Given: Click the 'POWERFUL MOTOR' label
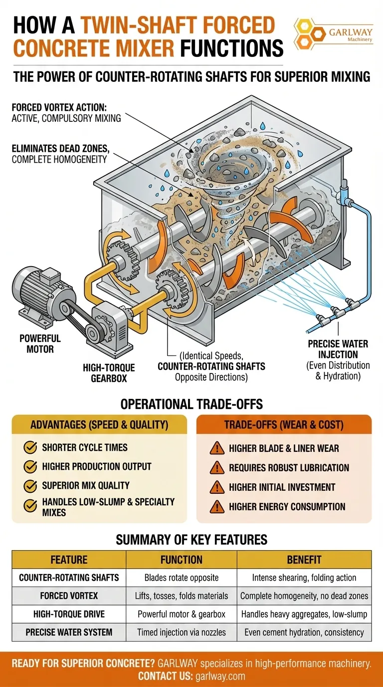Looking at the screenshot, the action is [40, 343].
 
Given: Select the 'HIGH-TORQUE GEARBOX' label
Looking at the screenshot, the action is [109, 372].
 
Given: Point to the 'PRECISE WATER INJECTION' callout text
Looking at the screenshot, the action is [338, 349].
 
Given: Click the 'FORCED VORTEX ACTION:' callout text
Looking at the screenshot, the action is [59, 107].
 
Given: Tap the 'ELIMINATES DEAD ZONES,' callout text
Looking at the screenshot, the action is [61, 149].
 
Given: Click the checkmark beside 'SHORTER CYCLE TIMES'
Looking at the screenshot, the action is [30, 447].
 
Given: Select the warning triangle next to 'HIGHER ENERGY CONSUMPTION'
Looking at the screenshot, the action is [217, 507].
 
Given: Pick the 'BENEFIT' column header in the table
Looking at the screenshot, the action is [304, 560].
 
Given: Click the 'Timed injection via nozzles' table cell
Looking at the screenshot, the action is [182, 632].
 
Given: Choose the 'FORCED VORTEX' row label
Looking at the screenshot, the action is [69, 596].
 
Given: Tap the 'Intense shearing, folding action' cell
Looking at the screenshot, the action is [304, 578].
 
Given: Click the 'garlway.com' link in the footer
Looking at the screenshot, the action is [220, 676].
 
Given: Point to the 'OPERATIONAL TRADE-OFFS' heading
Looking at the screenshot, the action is [191, 404].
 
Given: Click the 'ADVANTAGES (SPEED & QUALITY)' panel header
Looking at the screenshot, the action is [99, 425].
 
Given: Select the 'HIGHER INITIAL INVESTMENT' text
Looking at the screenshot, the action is [282, 487].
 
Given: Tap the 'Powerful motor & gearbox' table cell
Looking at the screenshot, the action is [182, 614].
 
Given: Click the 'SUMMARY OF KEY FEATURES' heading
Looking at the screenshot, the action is [191, 540].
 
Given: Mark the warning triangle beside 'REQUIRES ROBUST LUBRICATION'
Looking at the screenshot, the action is [217, 468].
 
